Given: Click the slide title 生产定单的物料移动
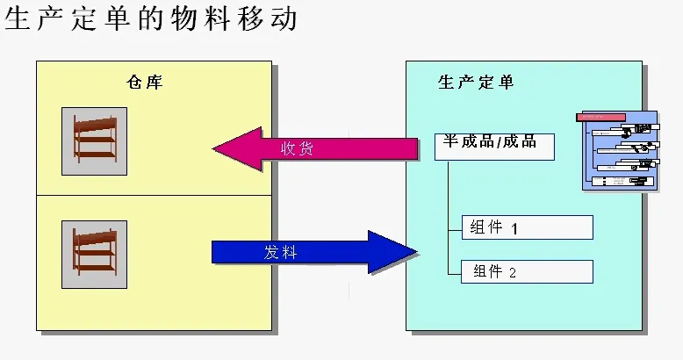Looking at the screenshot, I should (152, 18).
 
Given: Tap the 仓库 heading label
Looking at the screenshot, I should (145, 83).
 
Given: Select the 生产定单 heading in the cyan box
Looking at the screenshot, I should (476, 83).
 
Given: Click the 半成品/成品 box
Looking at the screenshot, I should (494, 146).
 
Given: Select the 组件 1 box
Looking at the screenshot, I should (527, 227).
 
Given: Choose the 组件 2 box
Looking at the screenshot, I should (527, 271).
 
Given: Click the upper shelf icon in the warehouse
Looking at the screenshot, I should (94, 140).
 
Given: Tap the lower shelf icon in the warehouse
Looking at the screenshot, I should (94, 254).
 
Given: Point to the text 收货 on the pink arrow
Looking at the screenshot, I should (297, 149).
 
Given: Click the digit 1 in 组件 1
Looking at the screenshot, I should (514, 228).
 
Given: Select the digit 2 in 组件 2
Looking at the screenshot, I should (513, 272).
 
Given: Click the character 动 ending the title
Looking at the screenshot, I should (284, 18).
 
